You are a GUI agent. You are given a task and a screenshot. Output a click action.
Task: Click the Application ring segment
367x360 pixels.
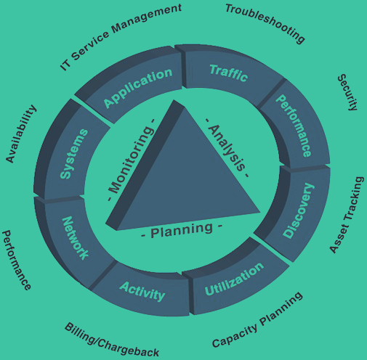[x=133, y=86]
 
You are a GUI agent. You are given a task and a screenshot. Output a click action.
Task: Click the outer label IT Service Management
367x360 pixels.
[x=121, y=37]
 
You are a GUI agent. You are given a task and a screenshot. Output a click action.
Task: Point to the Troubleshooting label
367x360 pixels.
[x=265, y=23]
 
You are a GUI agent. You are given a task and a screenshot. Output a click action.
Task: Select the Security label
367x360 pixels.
[x=348, y=92]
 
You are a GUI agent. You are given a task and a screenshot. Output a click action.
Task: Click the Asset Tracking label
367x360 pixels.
[x=347, y=215]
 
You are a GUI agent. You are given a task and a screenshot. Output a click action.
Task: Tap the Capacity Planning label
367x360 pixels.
[x=257, y=320]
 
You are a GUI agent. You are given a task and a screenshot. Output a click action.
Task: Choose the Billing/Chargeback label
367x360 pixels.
[x=112, y=340]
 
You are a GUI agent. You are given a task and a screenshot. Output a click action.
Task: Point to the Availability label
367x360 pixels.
[x=21, y=134]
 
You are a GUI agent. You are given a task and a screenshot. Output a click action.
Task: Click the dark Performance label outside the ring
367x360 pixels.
[x=17, y=260]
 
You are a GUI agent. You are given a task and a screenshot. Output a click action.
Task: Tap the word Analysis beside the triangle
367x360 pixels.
[x=227, y=147]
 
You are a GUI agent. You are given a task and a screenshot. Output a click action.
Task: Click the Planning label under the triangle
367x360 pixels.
[x=182, y=230]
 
